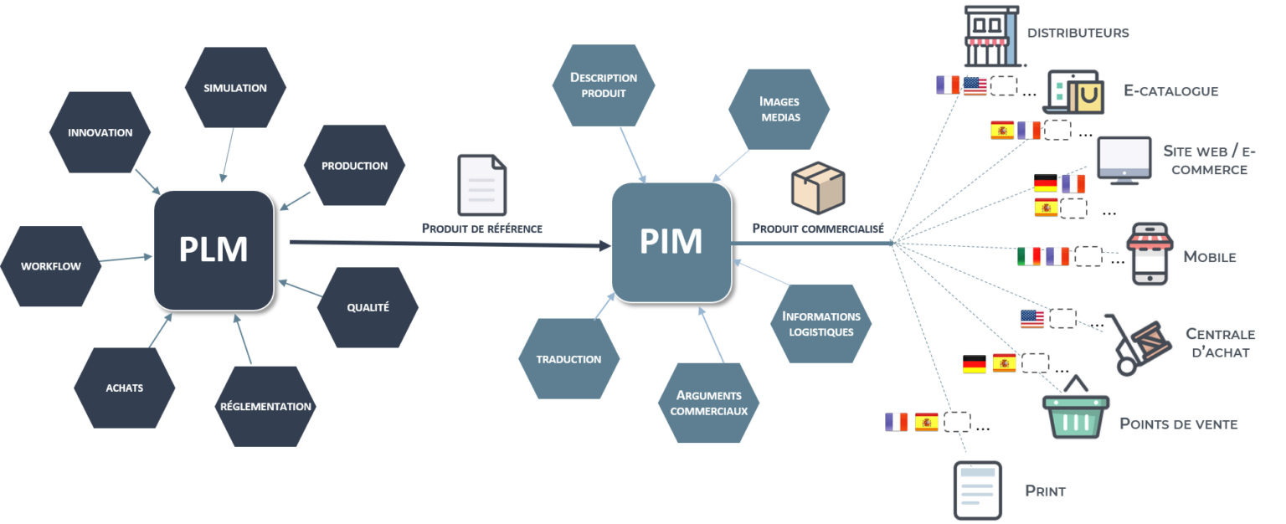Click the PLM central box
[213, 249]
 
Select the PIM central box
[671, 241]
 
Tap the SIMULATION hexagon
[235, 88]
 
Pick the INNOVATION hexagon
[100, 132]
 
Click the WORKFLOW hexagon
[51, 266]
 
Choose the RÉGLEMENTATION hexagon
[265, 407]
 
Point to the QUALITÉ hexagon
[368, 307]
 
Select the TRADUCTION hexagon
[569, 359]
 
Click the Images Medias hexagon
[779, 109]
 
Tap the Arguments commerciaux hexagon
[708, 403]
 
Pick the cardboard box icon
[819, 185]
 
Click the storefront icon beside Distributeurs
[990, 36]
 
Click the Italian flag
[1029, 256]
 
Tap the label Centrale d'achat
[1220, 343]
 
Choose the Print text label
[1046, 491]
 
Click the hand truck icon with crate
[1138, 343]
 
